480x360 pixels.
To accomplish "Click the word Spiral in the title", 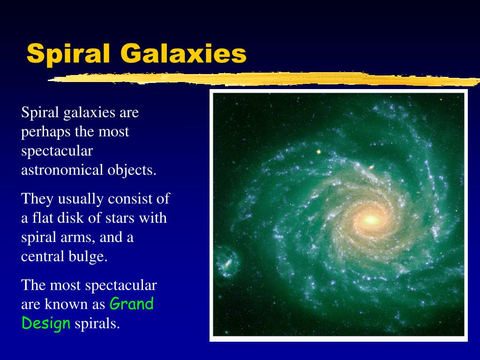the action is [x=68, y=54].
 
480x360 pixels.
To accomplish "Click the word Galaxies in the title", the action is [x=183, y=53].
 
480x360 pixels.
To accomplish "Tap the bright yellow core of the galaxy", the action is [x=371, y=219].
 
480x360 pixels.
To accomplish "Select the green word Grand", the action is [x=132, y=304].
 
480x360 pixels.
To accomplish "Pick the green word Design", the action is [x=46, y=323].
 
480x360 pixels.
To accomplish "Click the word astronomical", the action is [x=62, y=170].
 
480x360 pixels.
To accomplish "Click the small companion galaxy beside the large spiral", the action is [x=227, y=262].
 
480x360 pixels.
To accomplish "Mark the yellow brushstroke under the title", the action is [x=264, y=79].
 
